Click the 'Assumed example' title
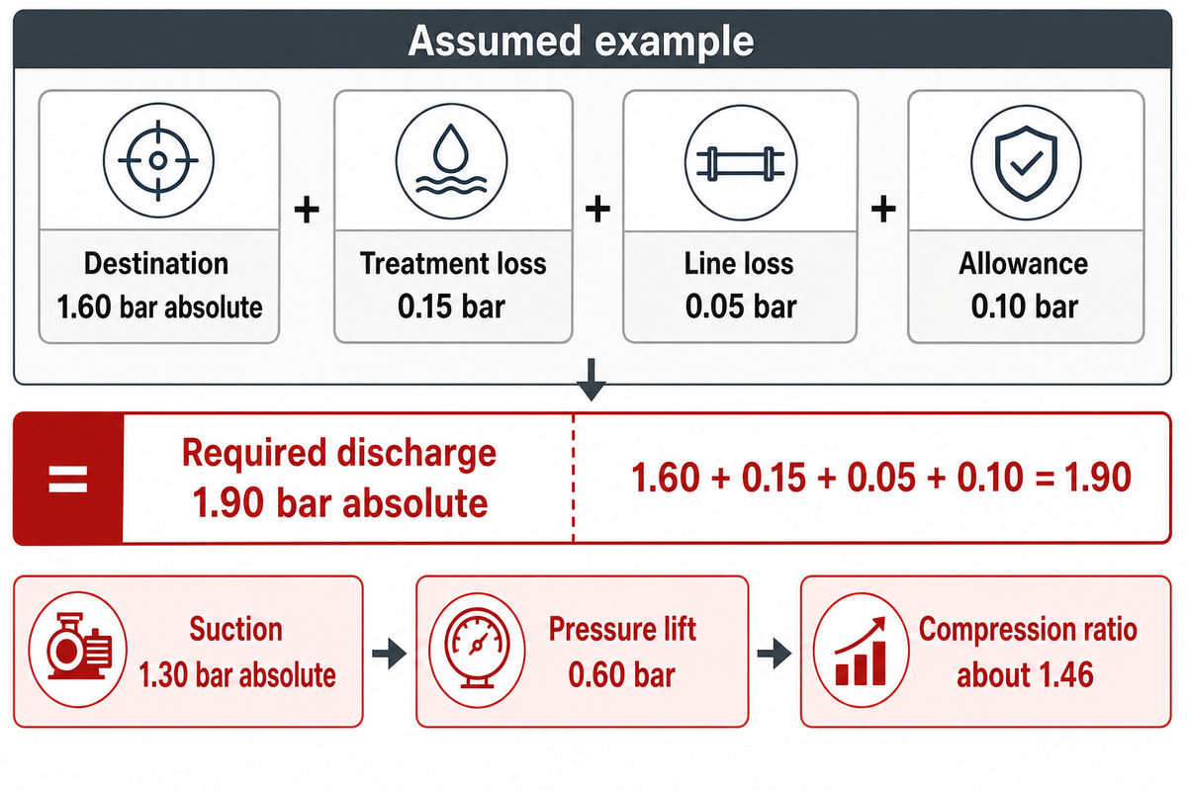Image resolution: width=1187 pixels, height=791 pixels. pos(581,41)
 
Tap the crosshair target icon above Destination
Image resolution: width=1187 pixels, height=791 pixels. pos(158,160)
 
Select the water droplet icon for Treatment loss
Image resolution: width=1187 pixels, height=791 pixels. pos(451,160)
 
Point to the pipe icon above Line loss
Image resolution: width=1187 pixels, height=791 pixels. pos(741,162)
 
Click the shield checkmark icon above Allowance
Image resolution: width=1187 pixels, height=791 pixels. pos(1027,162)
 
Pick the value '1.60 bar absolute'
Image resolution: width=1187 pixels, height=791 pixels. pos(159,308)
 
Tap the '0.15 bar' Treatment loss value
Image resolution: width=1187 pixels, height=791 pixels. pos(451,307)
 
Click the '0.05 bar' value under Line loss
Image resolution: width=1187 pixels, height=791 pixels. pos(741,307)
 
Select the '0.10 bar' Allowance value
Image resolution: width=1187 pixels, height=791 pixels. pos(1025,307)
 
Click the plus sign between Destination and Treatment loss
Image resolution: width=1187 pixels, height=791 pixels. pos(307,210)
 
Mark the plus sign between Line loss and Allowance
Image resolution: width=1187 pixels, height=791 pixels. pos(883,209)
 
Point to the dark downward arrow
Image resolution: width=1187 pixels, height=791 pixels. pos(592,380)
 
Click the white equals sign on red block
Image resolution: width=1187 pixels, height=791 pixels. pos(68,479)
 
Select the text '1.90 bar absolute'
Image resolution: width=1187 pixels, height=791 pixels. pos(339,503)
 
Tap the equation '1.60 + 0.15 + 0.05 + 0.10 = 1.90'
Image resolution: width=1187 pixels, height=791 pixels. pos(881,478)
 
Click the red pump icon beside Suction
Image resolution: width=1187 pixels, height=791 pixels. pos(78,648)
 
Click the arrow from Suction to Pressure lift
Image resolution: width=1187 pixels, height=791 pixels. pos(390,654)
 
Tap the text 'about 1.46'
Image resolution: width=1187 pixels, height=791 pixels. pos(1025,674)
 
